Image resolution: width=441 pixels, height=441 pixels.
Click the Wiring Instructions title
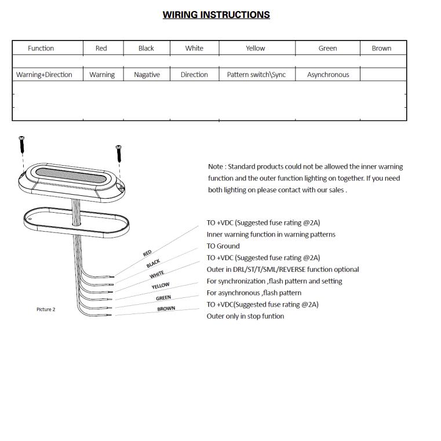(x=216, y=14)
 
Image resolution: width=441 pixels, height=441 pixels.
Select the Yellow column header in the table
(x=255, y=48)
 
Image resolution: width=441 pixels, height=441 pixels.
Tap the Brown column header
(x=381, y=48)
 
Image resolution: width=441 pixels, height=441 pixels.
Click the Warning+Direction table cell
(x=44, y=75)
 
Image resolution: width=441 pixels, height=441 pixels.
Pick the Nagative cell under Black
(x=147, y=75)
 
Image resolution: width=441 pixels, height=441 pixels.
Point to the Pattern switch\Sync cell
(x=256, y=75)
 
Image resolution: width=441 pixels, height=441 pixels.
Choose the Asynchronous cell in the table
(x=328, y=75)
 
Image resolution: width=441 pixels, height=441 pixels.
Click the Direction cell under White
(x=194, y=75)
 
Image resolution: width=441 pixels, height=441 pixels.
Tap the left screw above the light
(x=21, y=142)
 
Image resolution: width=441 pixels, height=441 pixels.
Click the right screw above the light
(x=119, y=153)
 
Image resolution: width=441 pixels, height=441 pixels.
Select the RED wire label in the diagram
(x=147, y=253)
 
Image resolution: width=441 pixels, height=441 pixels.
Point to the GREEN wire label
(x=163, y=298)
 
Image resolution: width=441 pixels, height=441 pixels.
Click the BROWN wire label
(x=166, y=309)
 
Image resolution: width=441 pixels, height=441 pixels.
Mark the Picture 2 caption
(x=46, y=309)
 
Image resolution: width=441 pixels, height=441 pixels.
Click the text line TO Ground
(x=223, y=246)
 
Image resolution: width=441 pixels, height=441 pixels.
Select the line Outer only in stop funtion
(x=245, y=316)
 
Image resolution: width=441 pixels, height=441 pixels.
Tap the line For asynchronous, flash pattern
(x=254, y=293)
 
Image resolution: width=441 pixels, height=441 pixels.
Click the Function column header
(x=41, y=48)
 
